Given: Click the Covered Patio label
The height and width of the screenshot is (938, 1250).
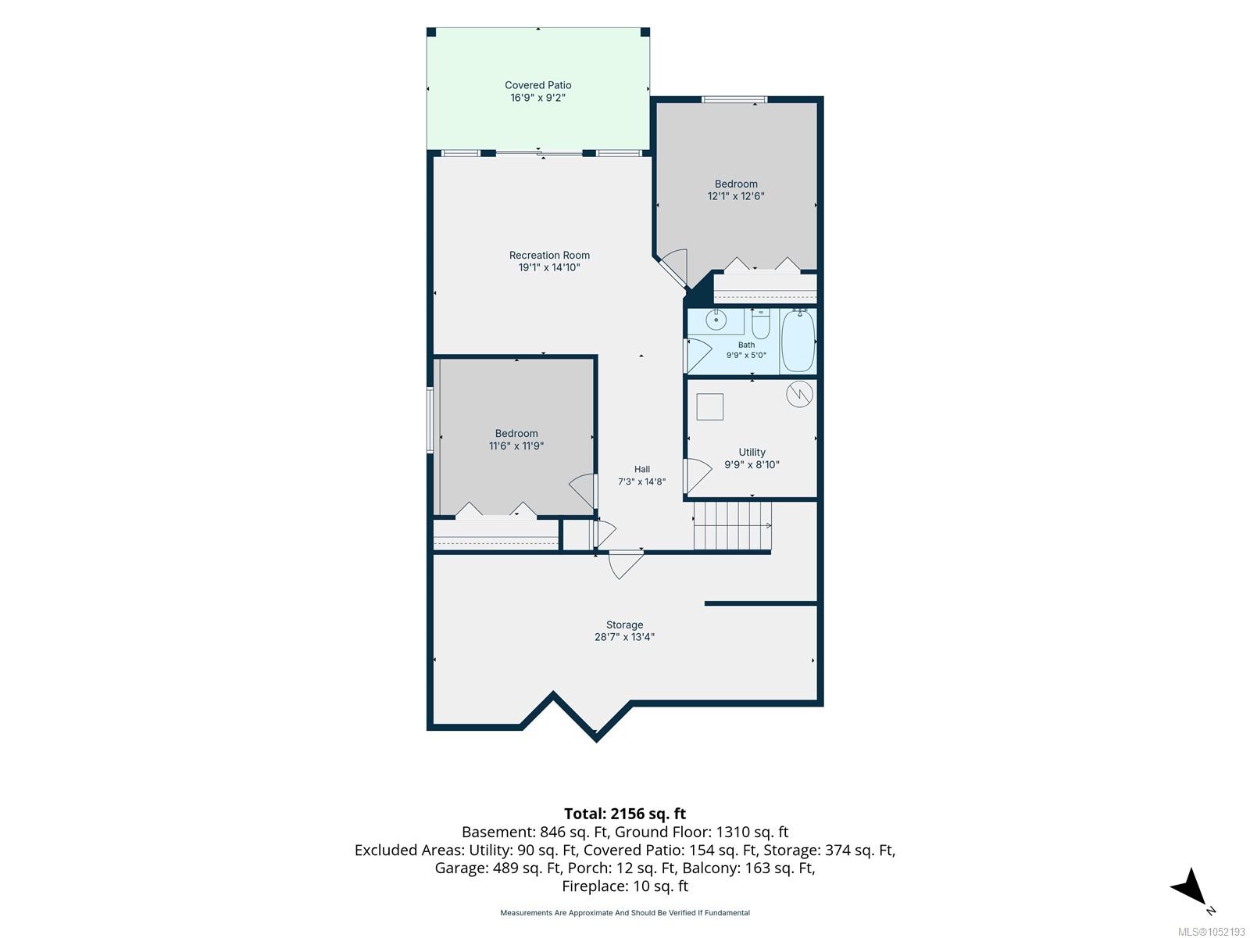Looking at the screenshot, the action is pos(537,85).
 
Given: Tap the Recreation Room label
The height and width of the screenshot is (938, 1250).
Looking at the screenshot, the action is pos(549,255).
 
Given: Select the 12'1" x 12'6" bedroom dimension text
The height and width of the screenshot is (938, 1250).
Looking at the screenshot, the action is pos(736,196).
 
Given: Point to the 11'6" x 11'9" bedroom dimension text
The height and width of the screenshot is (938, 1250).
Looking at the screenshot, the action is pos(516,446).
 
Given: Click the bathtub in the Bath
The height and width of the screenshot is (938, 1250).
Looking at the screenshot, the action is pos(798,341).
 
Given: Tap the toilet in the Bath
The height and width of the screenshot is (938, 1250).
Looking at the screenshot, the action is pos(761,324).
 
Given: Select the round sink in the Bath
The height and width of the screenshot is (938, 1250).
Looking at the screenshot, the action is pos(716,320).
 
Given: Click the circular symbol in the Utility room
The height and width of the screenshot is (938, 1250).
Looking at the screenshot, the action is pos(799,393).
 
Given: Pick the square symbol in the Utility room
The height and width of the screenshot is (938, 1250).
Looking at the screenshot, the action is pos(709,406).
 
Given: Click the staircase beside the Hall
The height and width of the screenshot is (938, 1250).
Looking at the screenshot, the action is pos(732,525).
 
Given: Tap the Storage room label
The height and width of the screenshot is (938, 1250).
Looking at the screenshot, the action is pos(624,625).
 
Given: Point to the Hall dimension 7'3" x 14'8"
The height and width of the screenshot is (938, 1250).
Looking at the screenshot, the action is pos(642,482).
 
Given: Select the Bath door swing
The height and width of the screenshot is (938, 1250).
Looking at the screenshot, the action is pos(698,356).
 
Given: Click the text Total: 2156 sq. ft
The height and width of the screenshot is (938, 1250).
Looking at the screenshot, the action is pos(625,813).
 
